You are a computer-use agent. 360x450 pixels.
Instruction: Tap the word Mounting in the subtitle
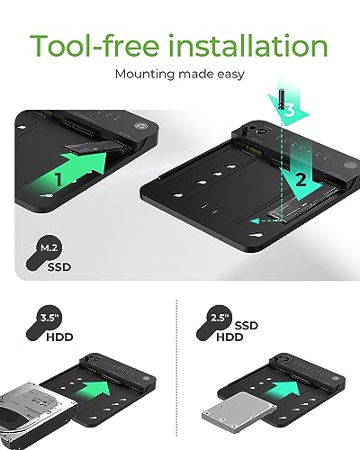(x=145, y=74)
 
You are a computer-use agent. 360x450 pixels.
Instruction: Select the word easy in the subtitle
(x=230, y=75)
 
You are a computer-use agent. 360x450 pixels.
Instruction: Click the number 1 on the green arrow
(x=58, y=179)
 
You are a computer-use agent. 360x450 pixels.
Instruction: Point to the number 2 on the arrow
(x=301, y=181)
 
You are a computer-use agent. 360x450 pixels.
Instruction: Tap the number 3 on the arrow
(x=289, y=111)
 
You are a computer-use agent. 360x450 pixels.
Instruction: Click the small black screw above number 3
(x=282, y=99)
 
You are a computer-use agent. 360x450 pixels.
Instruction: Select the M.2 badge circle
(x=49, y=247)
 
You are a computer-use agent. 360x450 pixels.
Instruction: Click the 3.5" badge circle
(x=49, y=318)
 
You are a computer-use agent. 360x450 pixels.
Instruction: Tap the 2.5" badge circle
(x=220, y=318)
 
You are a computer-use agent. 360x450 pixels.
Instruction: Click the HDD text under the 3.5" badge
(x=59, y=337)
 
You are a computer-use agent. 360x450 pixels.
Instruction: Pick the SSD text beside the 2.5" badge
(x=247, y=326)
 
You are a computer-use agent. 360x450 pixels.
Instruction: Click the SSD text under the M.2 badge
(x=59, y=267)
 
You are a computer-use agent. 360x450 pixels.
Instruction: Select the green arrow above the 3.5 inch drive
(x=92, y=391)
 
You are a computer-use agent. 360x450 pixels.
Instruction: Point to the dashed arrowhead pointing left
(x=255, y=221)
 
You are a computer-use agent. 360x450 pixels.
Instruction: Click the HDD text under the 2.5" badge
(x=229, y=337)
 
